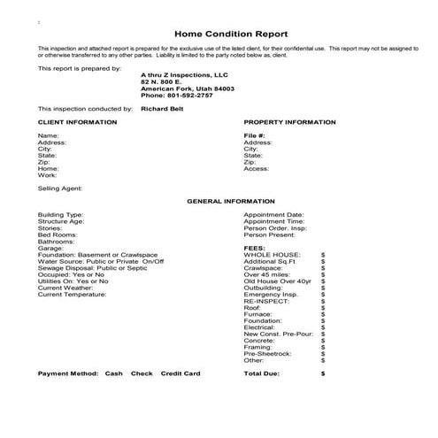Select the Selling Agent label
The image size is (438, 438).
tap(60, 188)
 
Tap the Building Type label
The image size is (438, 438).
tap(60, 214)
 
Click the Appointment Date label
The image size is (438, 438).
tap(273, 214)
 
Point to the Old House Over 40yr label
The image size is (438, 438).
tap(277, 281)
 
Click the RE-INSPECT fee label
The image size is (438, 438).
tap(266, 301)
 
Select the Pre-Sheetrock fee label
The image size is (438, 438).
tap(266, 354)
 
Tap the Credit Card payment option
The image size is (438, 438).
tap(180, 373)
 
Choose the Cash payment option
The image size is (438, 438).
tap(113, 373)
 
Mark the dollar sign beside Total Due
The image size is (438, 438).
tap(323, 373)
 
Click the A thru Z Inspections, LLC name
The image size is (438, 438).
tap(184, 75)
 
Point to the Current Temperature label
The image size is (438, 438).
tap(72, 295)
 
